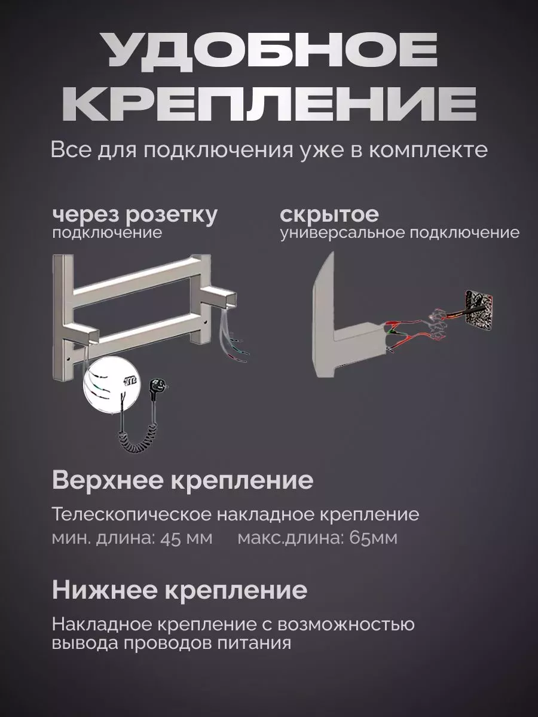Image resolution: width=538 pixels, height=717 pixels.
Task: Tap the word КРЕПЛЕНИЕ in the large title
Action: tap(268, 104)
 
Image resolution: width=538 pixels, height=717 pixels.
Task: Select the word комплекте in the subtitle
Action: tap(427, 150)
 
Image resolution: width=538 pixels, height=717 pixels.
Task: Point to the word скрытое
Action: tap(329, 215)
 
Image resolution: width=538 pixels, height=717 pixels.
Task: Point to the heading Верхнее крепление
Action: tap(182, 480)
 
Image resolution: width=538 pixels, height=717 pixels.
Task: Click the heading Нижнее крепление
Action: tap(179, 590)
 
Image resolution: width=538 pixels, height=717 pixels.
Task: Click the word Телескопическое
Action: tap(132, 514)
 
